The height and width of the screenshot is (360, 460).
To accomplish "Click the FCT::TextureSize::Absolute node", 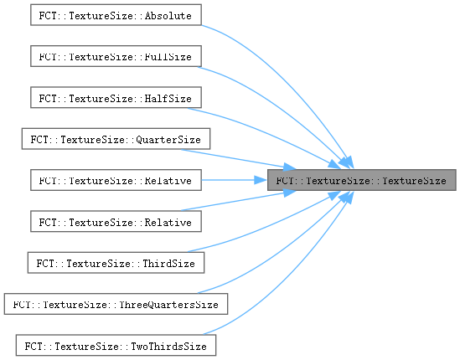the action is pos(116,15).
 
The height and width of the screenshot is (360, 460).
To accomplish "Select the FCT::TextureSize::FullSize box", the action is pos(116,56).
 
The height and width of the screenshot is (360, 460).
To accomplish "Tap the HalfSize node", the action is pos(116,97).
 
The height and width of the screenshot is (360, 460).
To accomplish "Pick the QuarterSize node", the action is pos(116,139).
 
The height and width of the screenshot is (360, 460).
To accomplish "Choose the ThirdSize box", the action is pos(116,263).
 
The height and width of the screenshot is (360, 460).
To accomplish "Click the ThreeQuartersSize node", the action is pos(116,304).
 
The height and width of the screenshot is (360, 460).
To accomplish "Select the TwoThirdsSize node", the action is pos(116,345).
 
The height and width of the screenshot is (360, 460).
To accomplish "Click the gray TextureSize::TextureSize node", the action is pos(361,180).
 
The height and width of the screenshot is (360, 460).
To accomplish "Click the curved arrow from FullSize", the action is pos(282,109).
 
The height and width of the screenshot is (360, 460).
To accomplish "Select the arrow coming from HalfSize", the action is pos(270,134).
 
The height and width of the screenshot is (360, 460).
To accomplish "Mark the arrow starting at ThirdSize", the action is pos(270,226).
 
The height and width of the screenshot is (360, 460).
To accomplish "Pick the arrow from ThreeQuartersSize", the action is pos(282,251).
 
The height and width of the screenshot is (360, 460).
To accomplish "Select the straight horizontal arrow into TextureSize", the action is pos(234,180).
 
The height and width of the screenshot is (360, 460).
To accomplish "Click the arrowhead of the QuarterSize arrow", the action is pos(290,167).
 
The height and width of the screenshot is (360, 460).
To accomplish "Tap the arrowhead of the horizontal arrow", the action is pos(261,180).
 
